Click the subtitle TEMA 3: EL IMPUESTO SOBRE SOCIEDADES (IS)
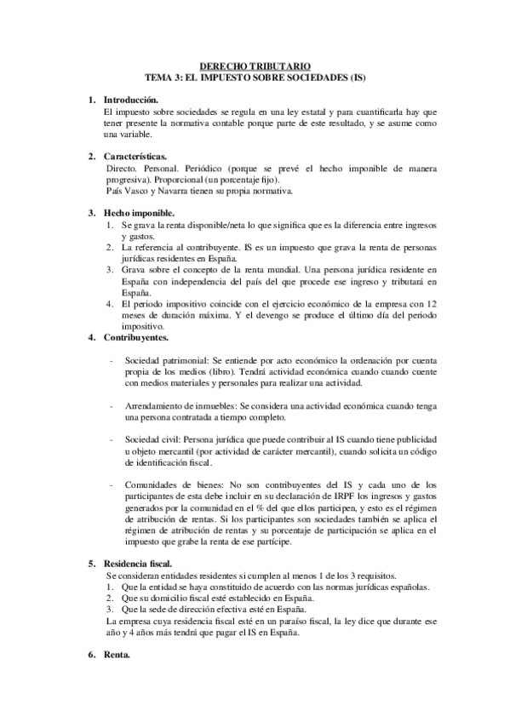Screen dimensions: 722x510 click(255, 76)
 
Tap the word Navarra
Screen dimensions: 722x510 click(175, 192)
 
